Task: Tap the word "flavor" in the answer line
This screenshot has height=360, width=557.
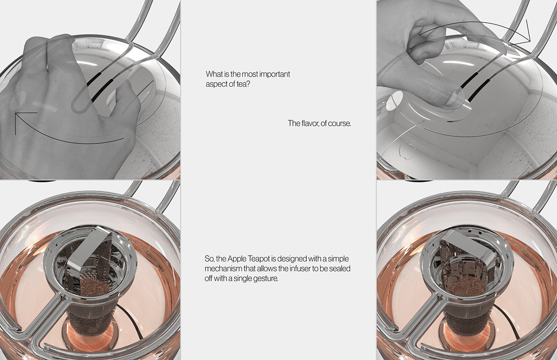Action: pos(310,123)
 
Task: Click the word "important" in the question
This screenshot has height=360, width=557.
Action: pos(275,74)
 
